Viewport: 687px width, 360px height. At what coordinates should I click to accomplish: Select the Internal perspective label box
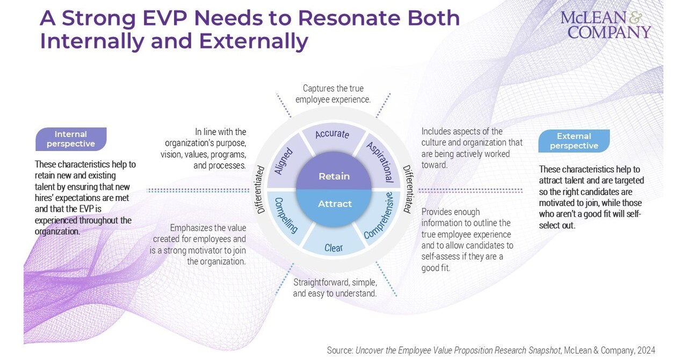point(70,139)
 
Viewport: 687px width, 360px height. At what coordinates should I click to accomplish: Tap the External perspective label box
point(574,141)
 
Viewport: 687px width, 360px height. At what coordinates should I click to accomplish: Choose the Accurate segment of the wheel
point(332,135)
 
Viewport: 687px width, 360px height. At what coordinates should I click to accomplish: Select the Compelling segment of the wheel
point(286,215)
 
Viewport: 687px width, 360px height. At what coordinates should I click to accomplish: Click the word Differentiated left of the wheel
point(261,190)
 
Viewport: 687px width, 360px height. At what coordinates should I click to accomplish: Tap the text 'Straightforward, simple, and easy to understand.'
point(335,287)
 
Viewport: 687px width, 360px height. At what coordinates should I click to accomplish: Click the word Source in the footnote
point(339,350)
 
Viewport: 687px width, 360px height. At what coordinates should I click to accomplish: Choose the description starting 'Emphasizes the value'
point(199,244)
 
